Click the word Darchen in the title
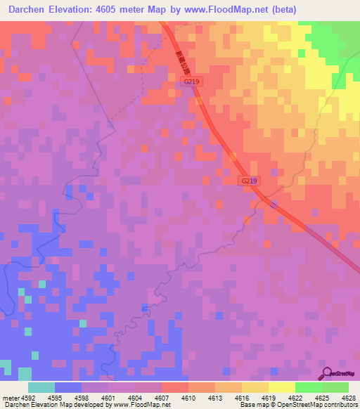click(27, 9)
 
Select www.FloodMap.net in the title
click(226, 9)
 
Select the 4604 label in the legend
click(134, 397)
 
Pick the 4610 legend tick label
click(187, 397)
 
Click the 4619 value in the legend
click(267, 397)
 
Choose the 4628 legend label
click(348, 397)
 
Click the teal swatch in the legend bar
click(41, 387)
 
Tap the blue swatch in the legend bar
click(68, 387)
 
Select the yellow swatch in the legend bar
click(281, 387)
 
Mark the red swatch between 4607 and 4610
click(174, 387)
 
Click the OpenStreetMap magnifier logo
click(326, 373)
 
